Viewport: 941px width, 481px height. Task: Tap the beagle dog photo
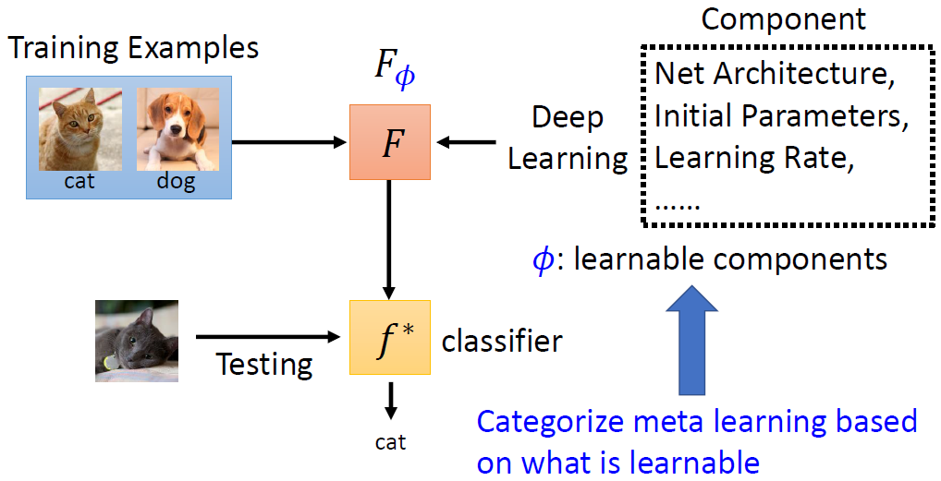[x=176, y=130]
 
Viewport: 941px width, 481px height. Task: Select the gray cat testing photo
[x=137, y=341]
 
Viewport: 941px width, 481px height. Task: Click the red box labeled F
[x=390, y=142]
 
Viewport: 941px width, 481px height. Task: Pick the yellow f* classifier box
[x=390, y=337]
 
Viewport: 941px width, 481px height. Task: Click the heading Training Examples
[x=134, y=48]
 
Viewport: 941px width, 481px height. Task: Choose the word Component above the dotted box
[x=784, y=18]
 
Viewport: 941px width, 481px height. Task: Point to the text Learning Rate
[x=752, y=158]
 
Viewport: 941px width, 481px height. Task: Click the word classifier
[x=502, y=342]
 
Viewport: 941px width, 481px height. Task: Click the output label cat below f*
[x=390, y=442]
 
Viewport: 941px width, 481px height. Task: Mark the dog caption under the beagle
[x=176, y=181]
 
